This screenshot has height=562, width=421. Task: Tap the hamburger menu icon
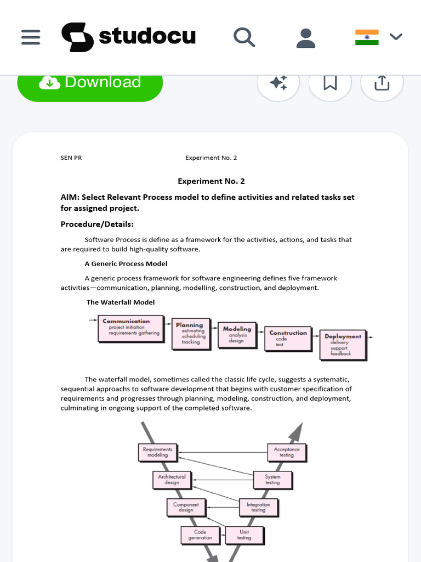coord(31,37)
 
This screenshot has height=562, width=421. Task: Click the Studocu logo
coord(128,37)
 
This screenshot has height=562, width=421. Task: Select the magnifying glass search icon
coord(244,37)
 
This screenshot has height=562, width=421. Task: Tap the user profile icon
coord(305,37)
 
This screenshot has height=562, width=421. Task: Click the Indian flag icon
coord(367,37)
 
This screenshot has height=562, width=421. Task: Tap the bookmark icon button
coord(330,83)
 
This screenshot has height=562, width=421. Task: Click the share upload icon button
coord(382,83)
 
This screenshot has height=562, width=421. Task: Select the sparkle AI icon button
coord(278,83)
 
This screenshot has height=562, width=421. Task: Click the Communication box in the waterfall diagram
coord(130,328)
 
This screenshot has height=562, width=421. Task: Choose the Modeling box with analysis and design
coord(237,335)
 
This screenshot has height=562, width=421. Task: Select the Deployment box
coord(343,345)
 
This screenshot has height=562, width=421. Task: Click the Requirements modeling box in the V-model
coord(158,452)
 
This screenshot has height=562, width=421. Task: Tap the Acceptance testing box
coord(287,452)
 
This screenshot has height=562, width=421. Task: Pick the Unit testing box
coord(244,535)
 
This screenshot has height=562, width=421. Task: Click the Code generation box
coord(200,535)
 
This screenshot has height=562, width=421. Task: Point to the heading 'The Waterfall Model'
coord(121,302)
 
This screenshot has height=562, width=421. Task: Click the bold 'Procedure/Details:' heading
coord(97,224)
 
